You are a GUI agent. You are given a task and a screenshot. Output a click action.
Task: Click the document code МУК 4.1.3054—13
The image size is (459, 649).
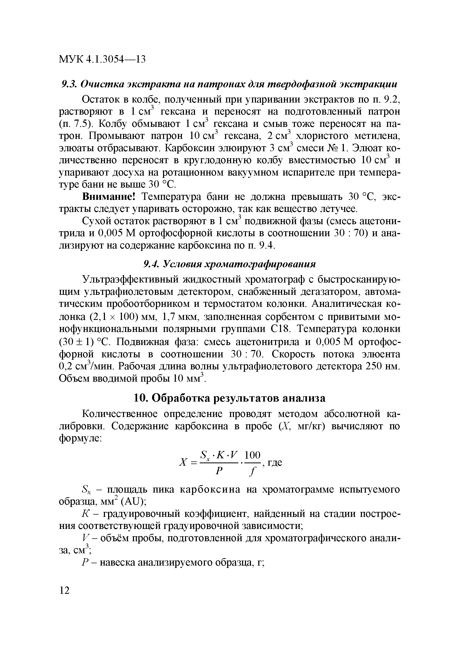tap(102, 59)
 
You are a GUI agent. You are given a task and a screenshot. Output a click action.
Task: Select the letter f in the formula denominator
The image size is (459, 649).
tap(252, 471)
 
